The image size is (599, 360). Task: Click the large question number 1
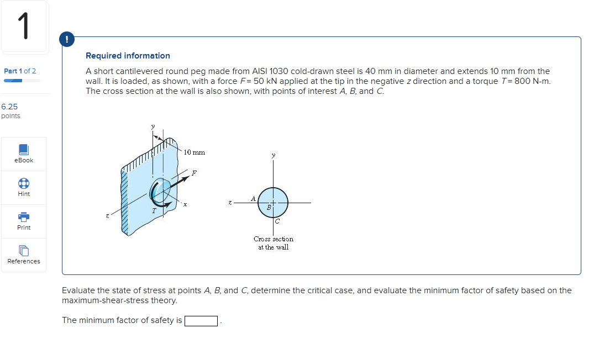[x=23, y=27]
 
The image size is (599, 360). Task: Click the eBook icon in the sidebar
[x=24, y=150]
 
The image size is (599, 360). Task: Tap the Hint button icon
[x=24, y=183]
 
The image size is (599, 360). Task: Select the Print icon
[x=24, y=217]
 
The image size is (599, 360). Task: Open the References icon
[x=24, y=251]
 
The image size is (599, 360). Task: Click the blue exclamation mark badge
[x=67, y=40]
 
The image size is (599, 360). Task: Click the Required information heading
[x=128, y=56]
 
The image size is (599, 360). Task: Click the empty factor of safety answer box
[x=202, y=321]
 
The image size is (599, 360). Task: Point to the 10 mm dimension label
[x=194, y=152]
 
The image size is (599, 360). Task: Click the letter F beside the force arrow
[x=193, y=173]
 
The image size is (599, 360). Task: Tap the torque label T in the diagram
[x=154, y=210]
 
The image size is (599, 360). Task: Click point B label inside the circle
[x=269, y=208]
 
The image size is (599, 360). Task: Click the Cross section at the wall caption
[x=274, y=243]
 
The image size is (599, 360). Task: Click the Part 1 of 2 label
[x=20, y=71]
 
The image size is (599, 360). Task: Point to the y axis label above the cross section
[x=273, y=156]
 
